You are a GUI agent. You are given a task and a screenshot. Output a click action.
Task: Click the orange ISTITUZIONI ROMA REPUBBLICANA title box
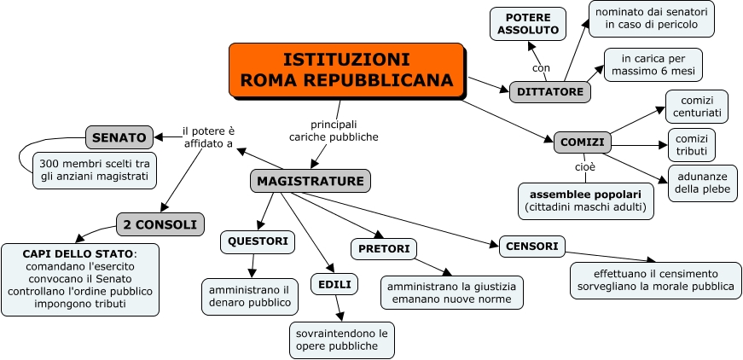point(346,70)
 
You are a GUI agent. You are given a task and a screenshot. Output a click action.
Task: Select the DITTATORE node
point(550,92)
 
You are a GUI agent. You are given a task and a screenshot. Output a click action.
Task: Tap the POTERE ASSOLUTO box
point(527,24)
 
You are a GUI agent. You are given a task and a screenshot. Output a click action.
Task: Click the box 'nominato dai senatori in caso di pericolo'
point(652,19)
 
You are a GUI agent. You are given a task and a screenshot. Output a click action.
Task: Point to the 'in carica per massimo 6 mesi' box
point(653,64)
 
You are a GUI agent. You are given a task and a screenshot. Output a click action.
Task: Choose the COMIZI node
point(582,142)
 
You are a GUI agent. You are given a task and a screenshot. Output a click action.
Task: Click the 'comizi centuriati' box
point(696,107)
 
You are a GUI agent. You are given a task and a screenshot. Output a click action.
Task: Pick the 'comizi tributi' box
point(691,145)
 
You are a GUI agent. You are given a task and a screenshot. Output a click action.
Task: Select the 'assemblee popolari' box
point(586,200)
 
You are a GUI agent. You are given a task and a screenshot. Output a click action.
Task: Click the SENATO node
point(119,136)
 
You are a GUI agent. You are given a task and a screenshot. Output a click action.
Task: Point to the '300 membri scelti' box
point(95,170)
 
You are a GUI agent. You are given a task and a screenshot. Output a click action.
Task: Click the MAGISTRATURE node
point(311,181)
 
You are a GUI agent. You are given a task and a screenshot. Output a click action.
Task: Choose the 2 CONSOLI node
point(160,224)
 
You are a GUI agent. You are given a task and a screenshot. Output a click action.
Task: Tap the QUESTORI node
point(258,241)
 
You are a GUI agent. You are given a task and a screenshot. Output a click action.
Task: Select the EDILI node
point(334,284)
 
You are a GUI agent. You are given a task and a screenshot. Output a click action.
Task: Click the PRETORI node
point(383,249)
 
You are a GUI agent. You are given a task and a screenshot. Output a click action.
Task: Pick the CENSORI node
point(532,247)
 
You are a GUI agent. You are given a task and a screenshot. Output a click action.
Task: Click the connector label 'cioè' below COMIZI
point(585,166)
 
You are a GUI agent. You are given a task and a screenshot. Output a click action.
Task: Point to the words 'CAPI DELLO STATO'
point(78,254)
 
